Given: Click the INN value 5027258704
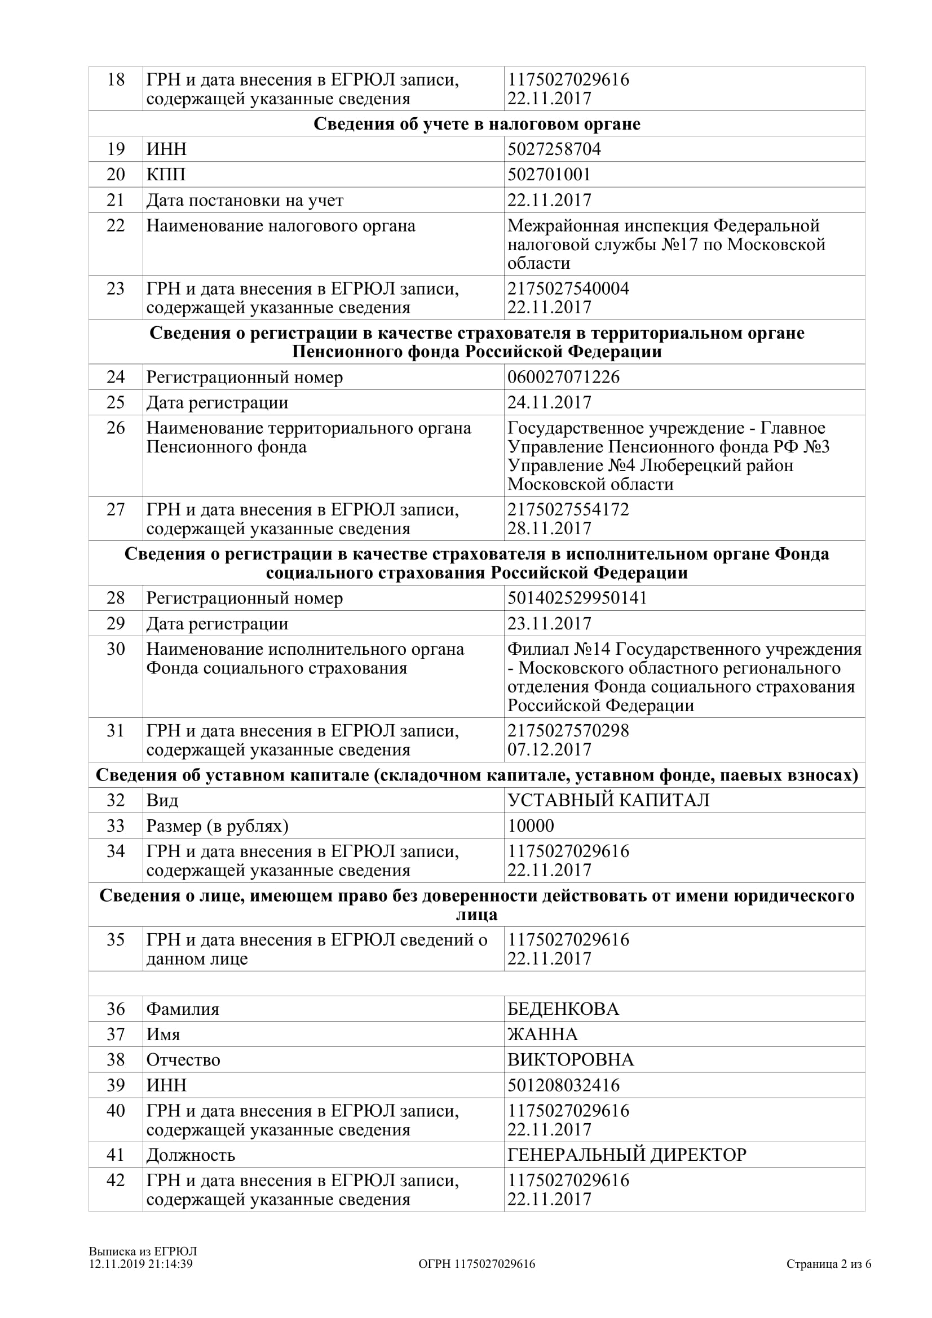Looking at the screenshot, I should point(554,149).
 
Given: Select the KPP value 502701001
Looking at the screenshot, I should point(549,175).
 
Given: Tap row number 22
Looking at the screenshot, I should point(116,225).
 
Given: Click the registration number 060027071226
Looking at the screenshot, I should point(563,377).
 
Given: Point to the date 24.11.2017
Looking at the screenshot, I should point(549,402).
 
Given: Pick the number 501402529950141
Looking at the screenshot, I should point(577,598).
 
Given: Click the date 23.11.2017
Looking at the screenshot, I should point(549,623).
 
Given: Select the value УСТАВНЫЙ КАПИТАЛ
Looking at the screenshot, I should point(608,800).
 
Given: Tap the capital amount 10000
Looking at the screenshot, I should point(531,826).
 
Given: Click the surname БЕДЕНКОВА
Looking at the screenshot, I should point(563,1009).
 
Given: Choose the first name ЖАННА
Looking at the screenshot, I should point(542,1035).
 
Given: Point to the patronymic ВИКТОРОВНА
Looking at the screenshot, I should point(570,1060).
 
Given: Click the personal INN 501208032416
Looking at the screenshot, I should point(563,1085).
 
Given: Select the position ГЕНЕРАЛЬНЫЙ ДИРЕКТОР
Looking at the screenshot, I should point(626,1155).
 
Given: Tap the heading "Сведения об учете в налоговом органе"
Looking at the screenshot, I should point(476,124).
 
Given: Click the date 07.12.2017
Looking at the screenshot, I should point(549,749).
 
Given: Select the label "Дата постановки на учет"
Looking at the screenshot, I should point(245,201).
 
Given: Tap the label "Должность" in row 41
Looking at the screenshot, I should point(191,1155).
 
